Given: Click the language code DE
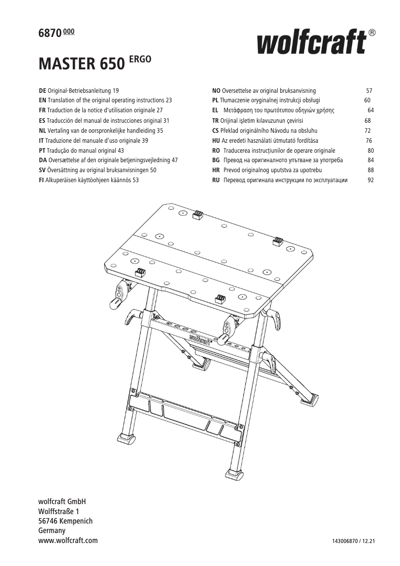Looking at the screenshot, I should pos(42,91).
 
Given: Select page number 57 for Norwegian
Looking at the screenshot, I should pos(369,91).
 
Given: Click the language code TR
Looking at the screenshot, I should pos(215,121).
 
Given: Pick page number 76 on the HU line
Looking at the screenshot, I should pos(369,141).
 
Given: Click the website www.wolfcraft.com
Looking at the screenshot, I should pos(68,541).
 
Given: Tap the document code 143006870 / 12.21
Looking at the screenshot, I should pos(353,542).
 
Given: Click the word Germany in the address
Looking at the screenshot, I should pos(52,531).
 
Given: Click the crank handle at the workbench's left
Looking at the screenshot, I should pos(115,302).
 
